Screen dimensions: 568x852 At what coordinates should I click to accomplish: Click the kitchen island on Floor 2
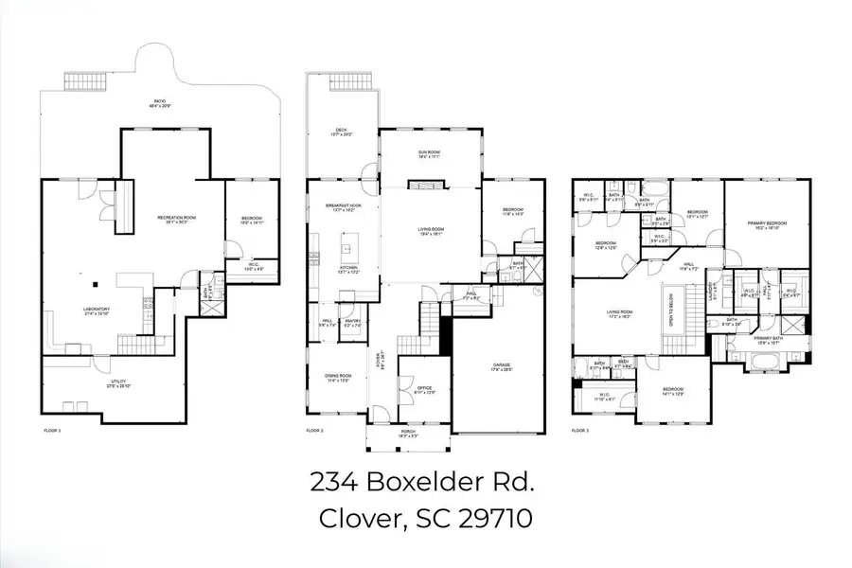[x=347, y=250]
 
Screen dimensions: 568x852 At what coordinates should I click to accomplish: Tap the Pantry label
[x=352, y=323]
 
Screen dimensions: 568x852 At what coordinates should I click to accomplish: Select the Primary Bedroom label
[x=767, y=224]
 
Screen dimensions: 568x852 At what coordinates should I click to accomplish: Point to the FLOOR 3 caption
[x=585, y=431]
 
